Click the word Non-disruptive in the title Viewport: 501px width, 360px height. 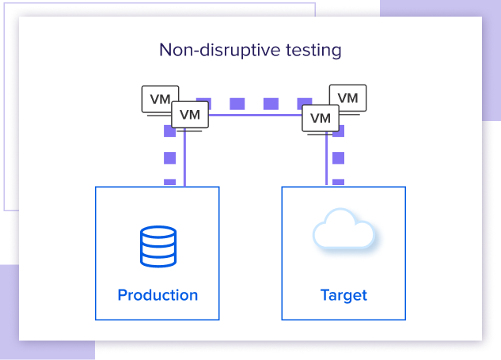point(210,51)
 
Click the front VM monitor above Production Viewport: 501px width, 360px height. point(190,115)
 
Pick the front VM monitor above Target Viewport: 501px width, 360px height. point(320,118)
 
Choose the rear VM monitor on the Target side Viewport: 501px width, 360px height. point(349,97)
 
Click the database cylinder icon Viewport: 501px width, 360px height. point(157,246)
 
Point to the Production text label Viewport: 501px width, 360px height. point(158,295)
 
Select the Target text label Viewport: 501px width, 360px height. point(343,295)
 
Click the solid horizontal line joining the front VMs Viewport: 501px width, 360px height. point(255,116)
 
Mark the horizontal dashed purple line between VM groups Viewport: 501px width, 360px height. point(255,103)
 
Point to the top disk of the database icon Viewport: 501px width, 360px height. point(157,234)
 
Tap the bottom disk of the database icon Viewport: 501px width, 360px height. point(157,258)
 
